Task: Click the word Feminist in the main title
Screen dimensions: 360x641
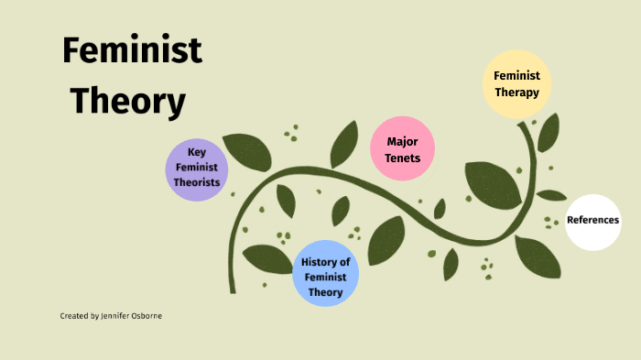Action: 132,50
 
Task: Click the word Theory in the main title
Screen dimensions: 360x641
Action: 128,102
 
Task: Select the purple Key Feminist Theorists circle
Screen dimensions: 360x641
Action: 197,169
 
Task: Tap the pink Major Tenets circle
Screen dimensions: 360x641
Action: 402,149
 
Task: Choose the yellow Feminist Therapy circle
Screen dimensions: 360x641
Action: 516,83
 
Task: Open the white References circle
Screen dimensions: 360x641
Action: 593,221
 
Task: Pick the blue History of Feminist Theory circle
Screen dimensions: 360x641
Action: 325,273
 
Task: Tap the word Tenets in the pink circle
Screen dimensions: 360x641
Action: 403,158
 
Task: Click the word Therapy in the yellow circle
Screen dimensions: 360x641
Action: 517,92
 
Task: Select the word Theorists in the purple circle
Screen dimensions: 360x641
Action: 197,182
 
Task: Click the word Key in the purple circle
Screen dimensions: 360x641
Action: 197,153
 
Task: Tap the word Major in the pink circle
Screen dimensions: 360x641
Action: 403,142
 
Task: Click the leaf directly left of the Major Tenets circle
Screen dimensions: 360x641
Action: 345,144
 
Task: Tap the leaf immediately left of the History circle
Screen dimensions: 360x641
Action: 267,259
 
